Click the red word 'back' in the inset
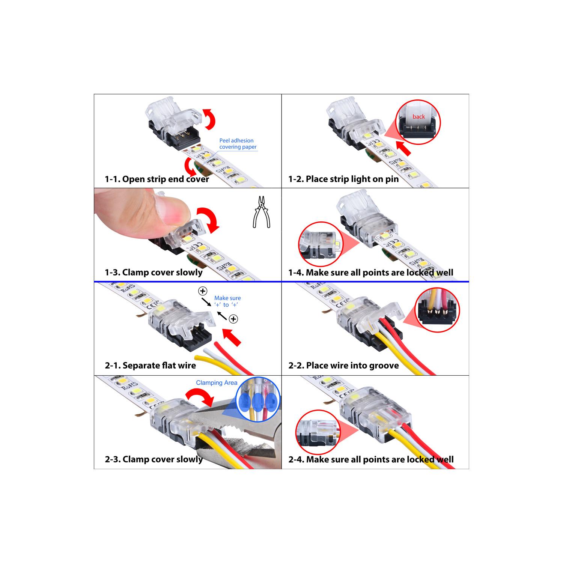coord(418,117)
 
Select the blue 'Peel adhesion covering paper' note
coord(238,144)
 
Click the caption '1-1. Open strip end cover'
coord(157,179)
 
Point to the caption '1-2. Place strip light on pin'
coord(343,179)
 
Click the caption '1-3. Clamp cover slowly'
coord(154,272)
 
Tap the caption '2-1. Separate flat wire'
coord(150,366)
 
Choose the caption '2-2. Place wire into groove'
coord(343,366)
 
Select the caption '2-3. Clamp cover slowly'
coord(154,459)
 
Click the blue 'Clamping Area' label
coord(217,383)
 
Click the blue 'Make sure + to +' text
coord(227,301)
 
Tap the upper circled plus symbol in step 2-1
coord(203,291)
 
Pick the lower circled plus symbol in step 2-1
coord(233,319)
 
